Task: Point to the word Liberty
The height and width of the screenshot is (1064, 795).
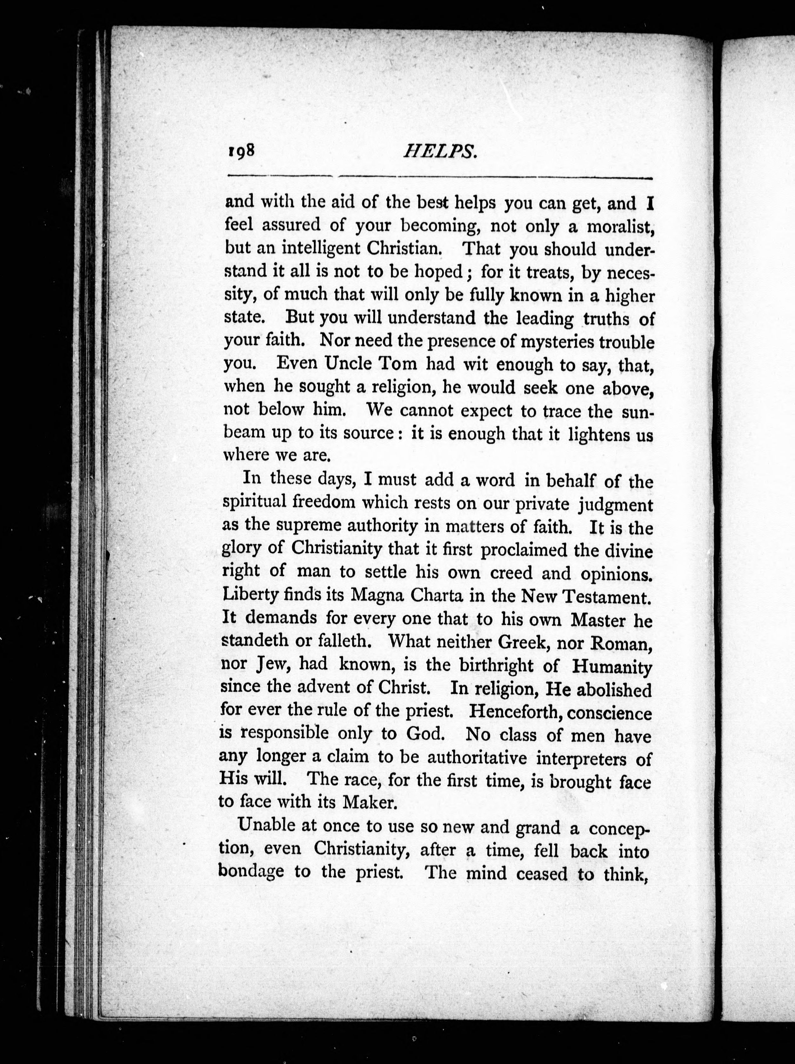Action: [x=251, y=595]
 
